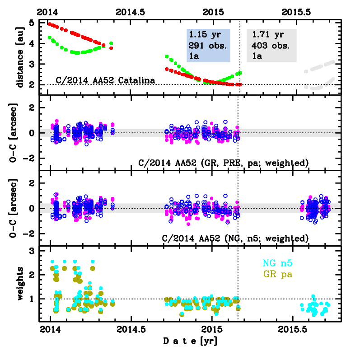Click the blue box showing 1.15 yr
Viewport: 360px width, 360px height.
208,45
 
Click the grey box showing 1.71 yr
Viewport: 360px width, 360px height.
271,45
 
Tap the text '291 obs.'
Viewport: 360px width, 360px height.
207,45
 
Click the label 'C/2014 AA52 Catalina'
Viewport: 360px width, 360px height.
106,80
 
